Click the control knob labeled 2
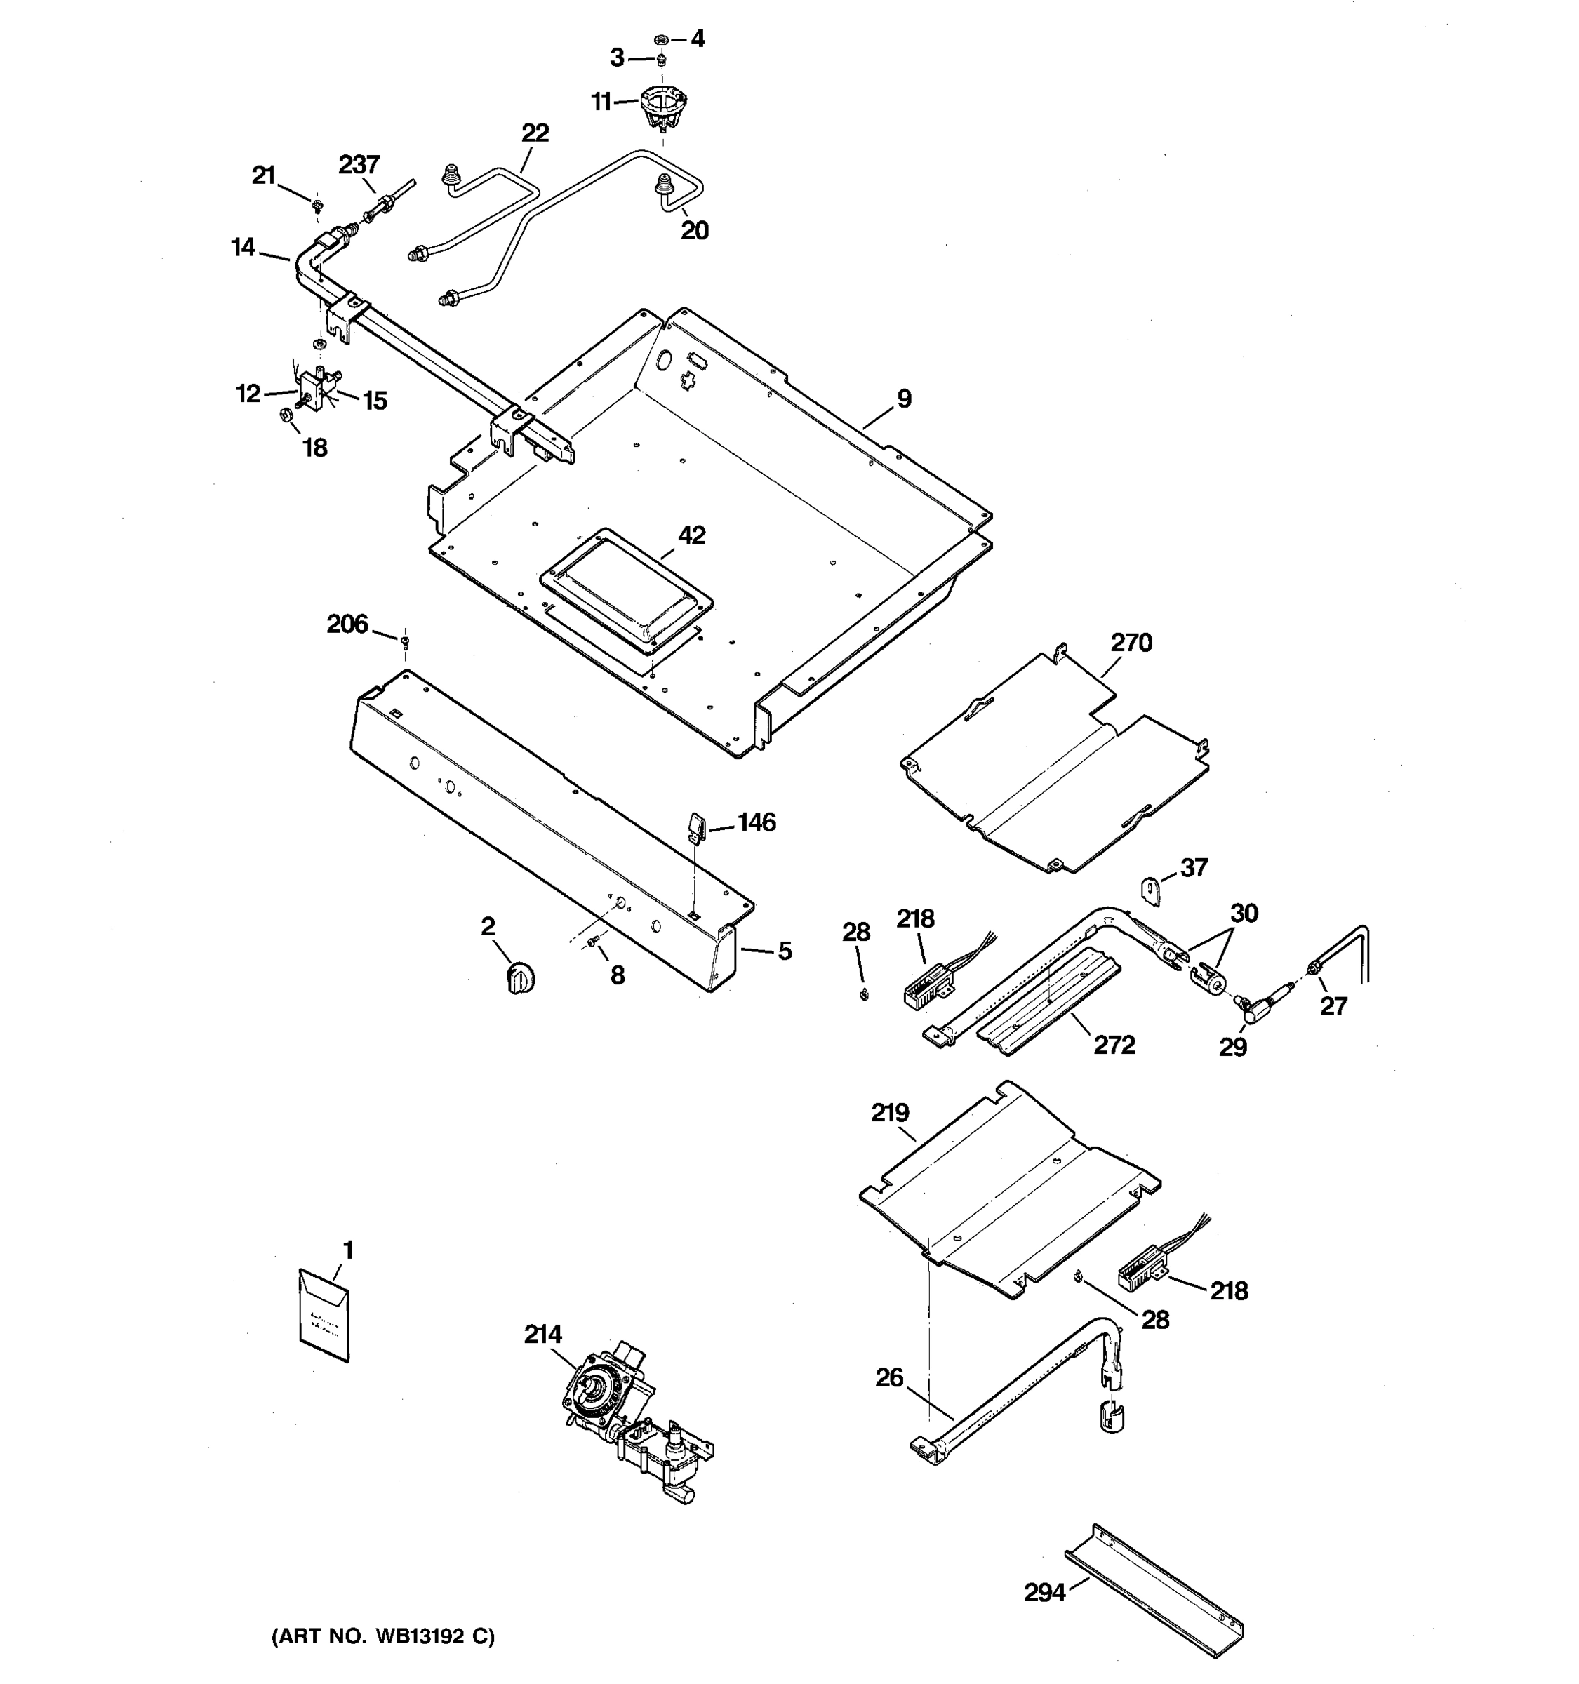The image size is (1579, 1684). coord(520,978)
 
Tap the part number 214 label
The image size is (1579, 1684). coord(542,1334)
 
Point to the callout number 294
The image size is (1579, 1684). coord(1044,1593)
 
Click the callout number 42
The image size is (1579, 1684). coord(691,535)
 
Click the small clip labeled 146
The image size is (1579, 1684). coord(695,827)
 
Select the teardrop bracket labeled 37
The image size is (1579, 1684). coord(1149,890)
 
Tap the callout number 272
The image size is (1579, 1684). coord(1114,1045)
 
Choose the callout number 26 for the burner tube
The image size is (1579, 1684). coord(888,1378)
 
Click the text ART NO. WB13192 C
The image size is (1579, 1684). coord(383,1636)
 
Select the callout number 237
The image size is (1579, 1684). coord(359,163)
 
